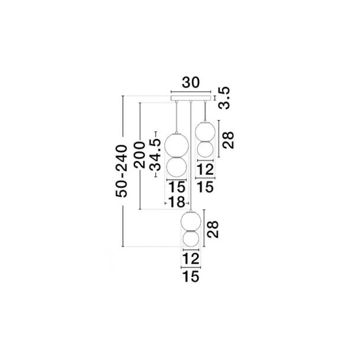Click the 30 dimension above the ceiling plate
[x=191, y=83]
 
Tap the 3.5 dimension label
[x=224, y=98]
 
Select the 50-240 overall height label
[x=121, y=171]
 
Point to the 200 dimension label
[x=140, y=155]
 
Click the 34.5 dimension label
[x=155, y=156]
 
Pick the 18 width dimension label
[x=176, y=202]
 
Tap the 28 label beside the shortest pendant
[x=228, y=140]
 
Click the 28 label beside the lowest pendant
[x=213, y=229]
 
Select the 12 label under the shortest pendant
[x=205, y=170]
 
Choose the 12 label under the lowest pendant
[x=191, y=259]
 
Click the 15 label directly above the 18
[x=177, y=187]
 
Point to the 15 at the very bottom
[x=191, y=276]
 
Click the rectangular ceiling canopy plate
[x=191, y=98]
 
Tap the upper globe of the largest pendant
[x=176, y=145]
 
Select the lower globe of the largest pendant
[x=176, y=167]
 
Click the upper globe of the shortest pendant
[x=205, y=131]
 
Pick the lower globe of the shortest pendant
[x=205, y=149]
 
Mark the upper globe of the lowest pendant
[x=191, y=221]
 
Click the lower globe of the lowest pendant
[x=191, y=239]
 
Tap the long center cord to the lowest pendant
[x=191, y=156]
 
